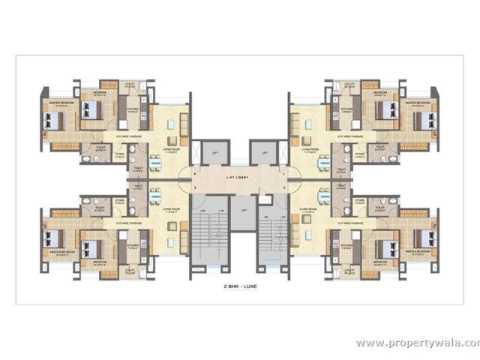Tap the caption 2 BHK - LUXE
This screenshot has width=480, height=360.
(x=239, y=286)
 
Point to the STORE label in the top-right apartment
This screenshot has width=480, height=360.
(x=359, y=154)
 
